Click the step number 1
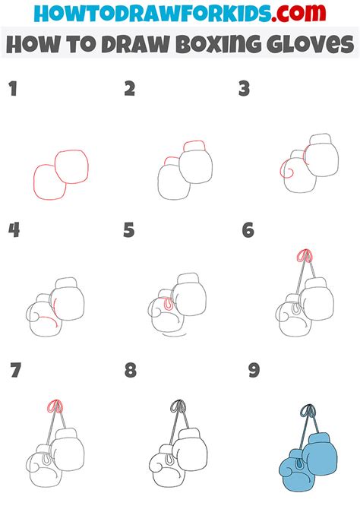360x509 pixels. pyautogui.click(x=12, y=90)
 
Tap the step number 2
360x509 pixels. pyautogui.click(x=130, y=90)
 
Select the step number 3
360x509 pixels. pyautogui.click(x=245, y=90)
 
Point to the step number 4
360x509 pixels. pyautogui.click(x=13, y=230)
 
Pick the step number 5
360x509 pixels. pyautogui.click(x=129, y=230)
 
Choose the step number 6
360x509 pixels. pyautogui.click(x=247, y=230)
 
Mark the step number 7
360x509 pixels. pyautogui.click(x=14, y=371)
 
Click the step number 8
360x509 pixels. pyautogui.click(x=131, y=371)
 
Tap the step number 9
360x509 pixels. pyautogui.click(x=254, y=371)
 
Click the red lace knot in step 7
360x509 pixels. pyautogui.click(x=54, y=406)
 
